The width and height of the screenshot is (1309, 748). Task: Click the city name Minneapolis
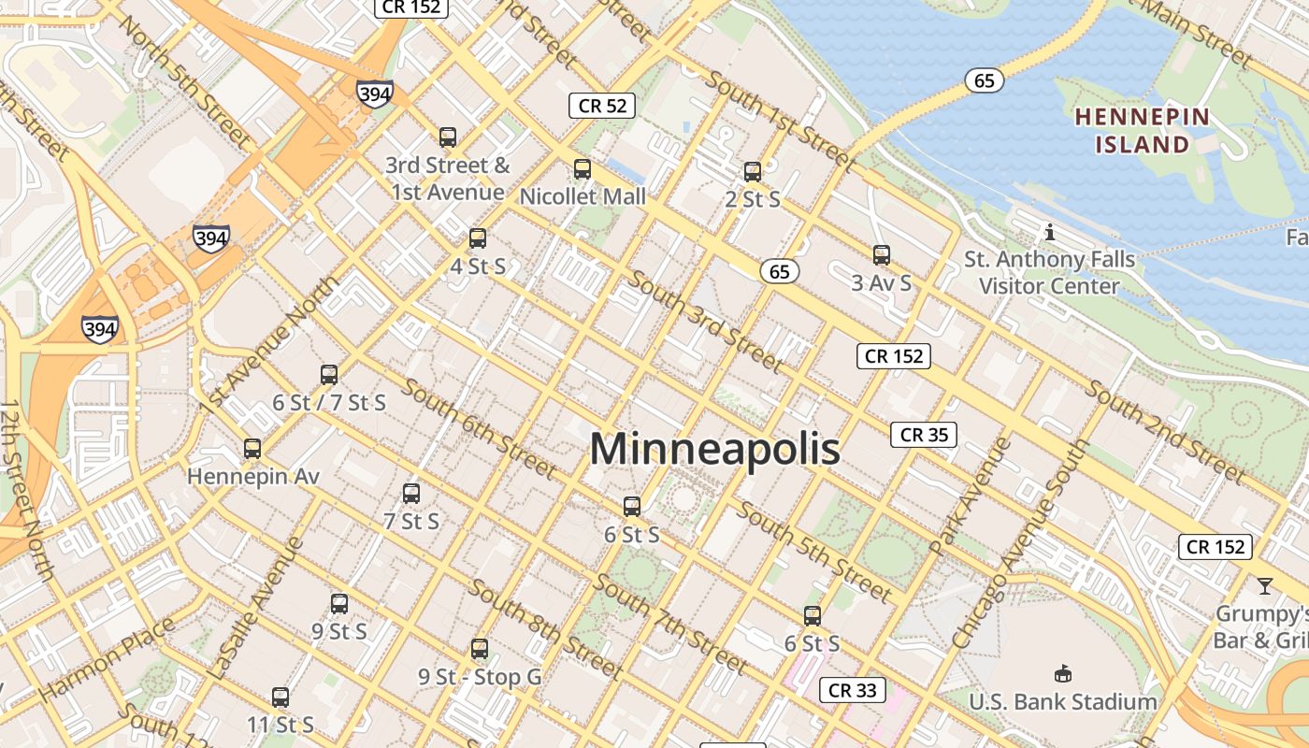pos(714,450)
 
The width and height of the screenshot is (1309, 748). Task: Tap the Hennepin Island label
pos(1142,131)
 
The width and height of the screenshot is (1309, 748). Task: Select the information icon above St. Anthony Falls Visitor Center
pos(1050,231)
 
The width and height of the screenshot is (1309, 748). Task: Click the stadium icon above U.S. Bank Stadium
pos(1062,674)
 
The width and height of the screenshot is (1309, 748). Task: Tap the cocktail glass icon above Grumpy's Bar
pos(1264,586)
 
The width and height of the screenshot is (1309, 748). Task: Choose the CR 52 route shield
pos(602,106)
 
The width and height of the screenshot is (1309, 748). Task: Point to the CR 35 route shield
pos(924,435)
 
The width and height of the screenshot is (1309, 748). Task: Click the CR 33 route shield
pos(853,690)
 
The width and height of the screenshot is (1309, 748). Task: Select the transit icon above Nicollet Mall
pos(583,169)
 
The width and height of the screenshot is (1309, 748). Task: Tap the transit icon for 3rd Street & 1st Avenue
pos(448,137)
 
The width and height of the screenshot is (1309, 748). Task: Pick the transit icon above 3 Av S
pos(881,254)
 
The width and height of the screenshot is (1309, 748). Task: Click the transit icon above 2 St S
pos(753,172)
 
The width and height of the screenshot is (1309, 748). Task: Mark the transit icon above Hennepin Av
pos(252,449)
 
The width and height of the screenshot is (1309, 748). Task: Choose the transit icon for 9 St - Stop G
pos(480,648)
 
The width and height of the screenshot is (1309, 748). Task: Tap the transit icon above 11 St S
pos(280,698)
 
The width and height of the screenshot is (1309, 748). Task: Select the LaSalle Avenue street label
pos(255,608)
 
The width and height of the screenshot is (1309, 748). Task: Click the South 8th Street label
pos(544,627)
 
